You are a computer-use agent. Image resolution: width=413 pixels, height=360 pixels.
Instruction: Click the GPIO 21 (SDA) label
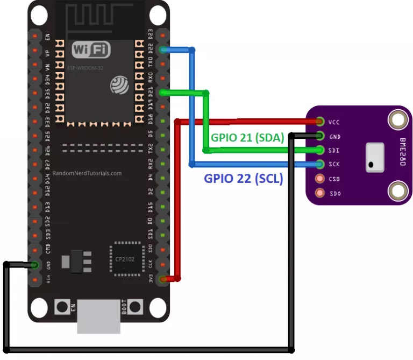(x=247, y=138)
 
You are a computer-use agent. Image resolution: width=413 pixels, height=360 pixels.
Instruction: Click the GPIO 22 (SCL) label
(x=243, y=179)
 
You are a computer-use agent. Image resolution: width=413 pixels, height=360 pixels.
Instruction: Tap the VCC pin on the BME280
(x=321, y=122)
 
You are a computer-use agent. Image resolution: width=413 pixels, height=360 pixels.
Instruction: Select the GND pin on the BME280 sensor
(x=321, y=136)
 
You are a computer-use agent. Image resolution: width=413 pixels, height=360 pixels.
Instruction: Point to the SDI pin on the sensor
(x=321, y=150)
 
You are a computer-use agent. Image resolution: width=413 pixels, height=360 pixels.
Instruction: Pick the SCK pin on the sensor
(x=321, y=164)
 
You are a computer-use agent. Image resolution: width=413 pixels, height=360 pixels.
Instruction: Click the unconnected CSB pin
(x=321, y=179)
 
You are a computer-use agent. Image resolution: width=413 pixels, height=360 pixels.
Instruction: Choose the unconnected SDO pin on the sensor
(x=321, y=193)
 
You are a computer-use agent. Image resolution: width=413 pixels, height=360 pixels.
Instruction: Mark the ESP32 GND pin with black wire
(x=35, y=265)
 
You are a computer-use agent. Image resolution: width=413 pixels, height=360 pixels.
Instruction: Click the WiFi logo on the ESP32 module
(x=91, y=51)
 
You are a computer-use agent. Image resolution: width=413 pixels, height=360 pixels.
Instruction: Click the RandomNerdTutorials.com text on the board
(x=87, y=174)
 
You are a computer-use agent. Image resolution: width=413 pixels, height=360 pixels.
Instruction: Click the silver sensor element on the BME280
(x=375, y=157)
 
